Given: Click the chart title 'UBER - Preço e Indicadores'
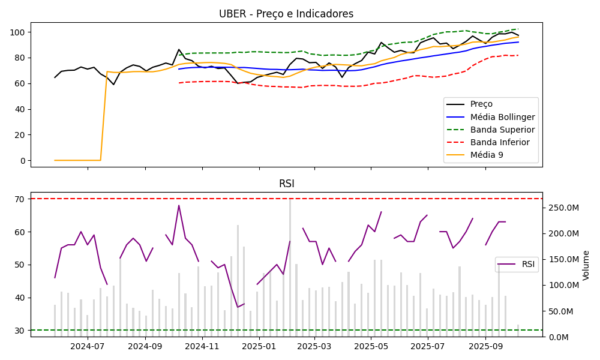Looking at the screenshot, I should [286, 14].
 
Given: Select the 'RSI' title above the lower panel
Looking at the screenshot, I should [286, 184].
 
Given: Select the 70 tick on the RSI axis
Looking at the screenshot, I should [19, 199].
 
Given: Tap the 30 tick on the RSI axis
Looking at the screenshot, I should [19, 330].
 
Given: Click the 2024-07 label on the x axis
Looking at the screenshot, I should [88, 346].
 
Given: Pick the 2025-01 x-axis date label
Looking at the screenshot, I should [258, 346].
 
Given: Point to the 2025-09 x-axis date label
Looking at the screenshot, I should [485, 346].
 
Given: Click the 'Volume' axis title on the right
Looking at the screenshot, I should [586, 265].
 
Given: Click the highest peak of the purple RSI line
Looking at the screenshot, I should [179, 205].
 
